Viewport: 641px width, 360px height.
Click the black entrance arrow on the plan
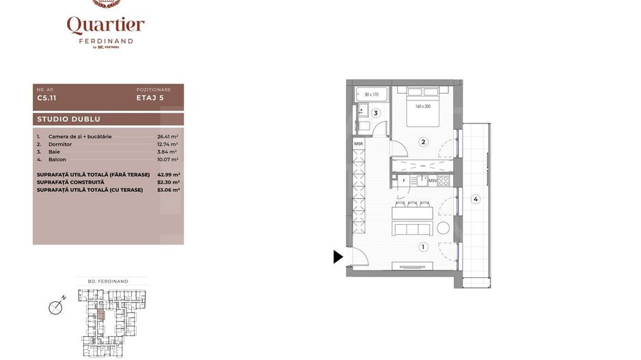click(338, 257)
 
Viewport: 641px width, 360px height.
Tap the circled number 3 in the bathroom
click(375, 113)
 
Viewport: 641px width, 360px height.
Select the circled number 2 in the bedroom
click(424, 142)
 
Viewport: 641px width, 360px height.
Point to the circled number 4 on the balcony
click(476, 199)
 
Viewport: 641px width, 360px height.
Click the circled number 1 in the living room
click(424, 247)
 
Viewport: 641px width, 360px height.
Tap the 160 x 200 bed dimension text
click(423, 107)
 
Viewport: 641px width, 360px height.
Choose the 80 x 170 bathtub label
click(371, 95)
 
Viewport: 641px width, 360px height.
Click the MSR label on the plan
click(358, 143)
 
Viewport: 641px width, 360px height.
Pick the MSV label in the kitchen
click(433, 181)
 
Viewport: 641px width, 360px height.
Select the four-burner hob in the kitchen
click(444, 181)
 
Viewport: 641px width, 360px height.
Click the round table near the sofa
click(444, 228)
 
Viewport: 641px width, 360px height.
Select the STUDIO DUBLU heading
click(68, 120)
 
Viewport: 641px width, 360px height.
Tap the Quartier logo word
click(106, 26)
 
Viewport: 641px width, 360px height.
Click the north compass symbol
click(56, 307)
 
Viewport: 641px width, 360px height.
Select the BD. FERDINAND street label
click(109, 281)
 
